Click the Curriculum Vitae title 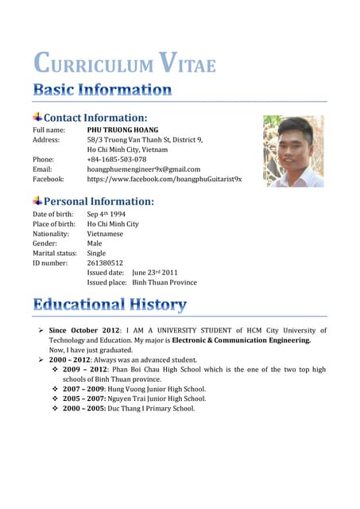coord(124,63)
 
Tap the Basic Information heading coord(102,89)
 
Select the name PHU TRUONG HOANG coord(122,130)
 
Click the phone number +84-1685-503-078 coord(117,159)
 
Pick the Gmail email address coord(144,169)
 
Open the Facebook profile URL coord(165,179)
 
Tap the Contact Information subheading coord(95,118)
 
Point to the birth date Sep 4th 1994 coord(106,214)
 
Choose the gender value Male coord(95,243)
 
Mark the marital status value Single coord(96,254)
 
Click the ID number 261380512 coord(105,263)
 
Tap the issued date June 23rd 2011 coord(155,272)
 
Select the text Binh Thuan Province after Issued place coord(165,282)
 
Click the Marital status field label coord(55,254)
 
